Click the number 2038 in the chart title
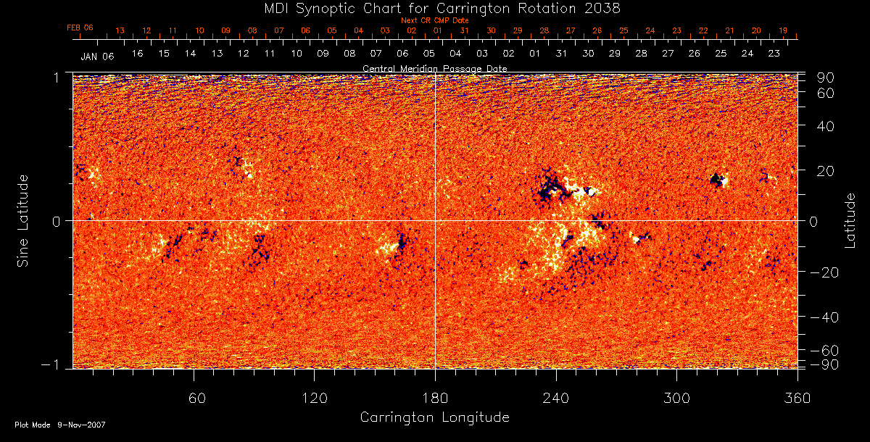602,8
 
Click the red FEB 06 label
80,28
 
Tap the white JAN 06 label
97,56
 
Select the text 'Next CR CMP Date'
434,21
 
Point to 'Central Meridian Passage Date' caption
434,68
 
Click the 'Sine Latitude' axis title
24,220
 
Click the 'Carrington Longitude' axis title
434,417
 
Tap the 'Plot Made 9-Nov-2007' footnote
59,425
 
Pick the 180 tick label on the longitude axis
435,397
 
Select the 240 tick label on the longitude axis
555,397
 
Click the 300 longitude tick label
676,397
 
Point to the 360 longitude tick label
797,397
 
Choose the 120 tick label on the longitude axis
314,397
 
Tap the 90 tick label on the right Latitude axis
826,78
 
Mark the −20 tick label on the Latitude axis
823,272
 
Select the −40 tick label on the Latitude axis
823,317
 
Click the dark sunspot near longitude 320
717,178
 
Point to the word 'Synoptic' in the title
329,8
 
